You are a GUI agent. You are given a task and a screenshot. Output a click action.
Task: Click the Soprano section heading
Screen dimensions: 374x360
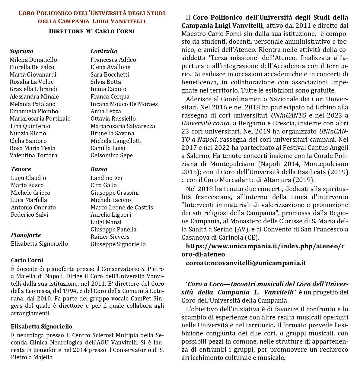pos(21,51)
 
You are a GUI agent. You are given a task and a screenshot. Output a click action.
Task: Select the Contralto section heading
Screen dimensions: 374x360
pos(104,51)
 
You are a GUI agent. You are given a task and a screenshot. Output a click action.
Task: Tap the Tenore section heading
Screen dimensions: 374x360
pos(21,169)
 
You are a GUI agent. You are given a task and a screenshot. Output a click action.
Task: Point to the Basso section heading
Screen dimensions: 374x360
pos(99,169)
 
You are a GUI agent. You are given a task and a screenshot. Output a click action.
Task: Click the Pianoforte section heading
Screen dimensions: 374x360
pos(26,235)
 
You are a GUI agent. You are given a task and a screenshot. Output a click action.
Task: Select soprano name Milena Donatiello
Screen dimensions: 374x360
pos(33,60)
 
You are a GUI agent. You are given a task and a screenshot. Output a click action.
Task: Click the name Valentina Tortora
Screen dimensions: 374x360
pos(33,155)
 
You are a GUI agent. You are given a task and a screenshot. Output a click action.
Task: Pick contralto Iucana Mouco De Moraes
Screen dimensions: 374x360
pos(124,104)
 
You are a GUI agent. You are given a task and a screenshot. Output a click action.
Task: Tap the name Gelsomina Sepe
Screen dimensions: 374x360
pos(112,155)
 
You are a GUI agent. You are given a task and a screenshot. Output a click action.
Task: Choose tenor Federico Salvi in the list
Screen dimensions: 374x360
pos(30,215)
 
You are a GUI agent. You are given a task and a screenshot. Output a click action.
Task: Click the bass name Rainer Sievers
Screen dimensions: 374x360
pos(110,237)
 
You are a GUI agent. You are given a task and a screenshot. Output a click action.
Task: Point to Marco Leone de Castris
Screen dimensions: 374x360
pos(122,207)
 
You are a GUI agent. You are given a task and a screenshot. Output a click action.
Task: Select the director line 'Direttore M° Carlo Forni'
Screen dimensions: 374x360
pos(92,31)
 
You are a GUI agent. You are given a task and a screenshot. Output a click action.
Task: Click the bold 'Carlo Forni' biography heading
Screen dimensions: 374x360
pos(27,260)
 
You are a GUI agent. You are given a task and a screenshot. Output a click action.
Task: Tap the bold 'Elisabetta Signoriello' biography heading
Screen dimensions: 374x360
pos(42,326)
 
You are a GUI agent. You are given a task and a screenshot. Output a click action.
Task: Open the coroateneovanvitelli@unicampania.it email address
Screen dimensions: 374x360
pos(246,263)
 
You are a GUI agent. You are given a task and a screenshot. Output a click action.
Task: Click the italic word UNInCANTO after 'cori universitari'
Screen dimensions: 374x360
pos(288,115)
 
